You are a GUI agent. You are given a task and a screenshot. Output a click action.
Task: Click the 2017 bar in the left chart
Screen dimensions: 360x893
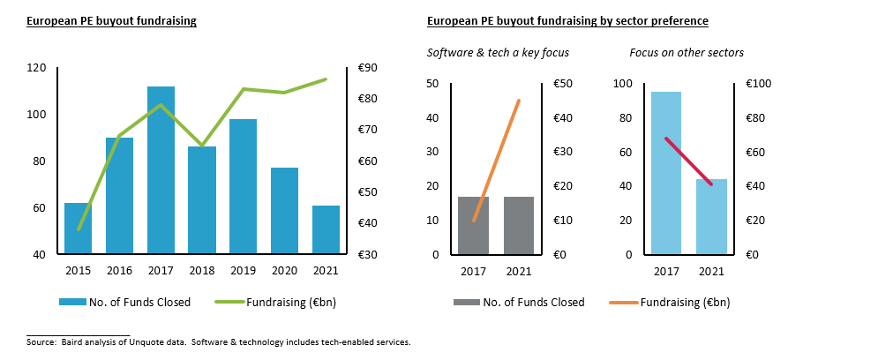(161, 170)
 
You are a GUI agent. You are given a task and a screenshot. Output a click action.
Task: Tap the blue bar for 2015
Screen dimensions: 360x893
(77, 229)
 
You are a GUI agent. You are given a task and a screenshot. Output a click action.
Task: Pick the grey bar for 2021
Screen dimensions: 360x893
(519, 225)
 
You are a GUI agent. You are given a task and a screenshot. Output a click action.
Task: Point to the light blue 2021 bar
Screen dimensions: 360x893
(711, 216)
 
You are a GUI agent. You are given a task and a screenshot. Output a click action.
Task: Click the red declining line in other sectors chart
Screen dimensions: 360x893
(688, 161)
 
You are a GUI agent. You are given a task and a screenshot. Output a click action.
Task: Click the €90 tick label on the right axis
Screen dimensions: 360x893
(368, 68)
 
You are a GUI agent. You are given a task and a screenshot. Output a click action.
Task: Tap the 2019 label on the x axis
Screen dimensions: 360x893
(243, 271)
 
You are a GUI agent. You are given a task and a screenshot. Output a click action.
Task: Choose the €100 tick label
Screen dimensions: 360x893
(759, 84)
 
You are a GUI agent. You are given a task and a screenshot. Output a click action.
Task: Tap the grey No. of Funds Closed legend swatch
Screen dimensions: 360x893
(465, 303)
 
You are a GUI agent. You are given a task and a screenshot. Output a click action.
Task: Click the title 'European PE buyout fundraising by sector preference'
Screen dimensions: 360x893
(567, 20)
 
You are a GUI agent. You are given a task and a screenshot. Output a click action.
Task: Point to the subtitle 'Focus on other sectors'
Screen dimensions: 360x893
(686, 53)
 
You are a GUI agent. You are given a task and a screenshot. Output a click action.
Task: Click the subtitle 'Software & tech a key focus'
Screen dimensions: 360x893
(498, 53)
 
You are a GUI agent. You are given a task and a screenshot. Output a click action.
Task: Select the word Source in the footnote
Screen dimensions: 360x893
(41, 341)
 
